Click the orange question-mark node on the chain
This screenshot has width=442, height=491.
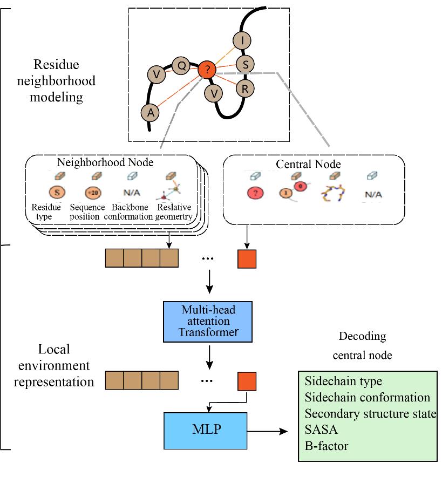point(207,69)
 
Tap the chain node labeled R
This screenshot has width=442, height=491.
point(244,88)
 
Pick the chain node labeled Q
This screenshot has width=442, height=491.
point(181,66)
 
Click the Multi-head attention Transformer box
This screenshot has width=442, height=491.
point(208,322)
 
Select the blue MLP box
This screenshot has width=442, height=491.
point(205,431)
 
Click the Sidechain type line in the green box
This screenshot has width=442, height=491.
point(343,381)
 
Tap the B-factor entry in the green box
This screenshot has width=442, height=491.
point(327,446)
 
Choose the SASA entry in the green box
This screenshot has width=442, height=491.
point(321,430)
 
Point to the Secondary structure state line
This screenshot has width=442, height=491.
point(370,414)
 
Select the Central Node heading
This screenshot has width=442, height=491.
point(308,163)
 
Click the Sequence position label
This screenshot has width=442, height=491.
point(87,212)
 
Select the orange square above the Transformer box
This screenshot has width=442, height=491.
point(247,259)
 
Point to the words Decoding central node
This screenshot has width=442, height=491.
point(362,345)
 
